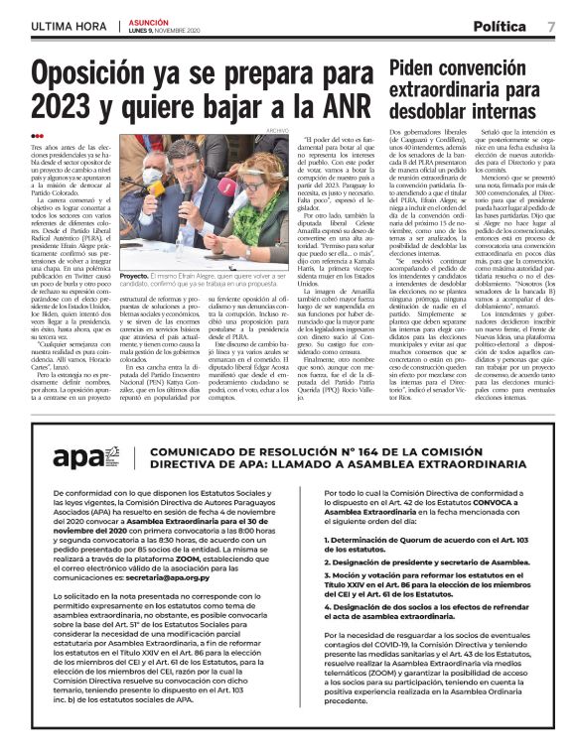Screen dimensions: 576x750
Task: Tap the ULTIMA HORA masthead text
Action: (x=68, y=26)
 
